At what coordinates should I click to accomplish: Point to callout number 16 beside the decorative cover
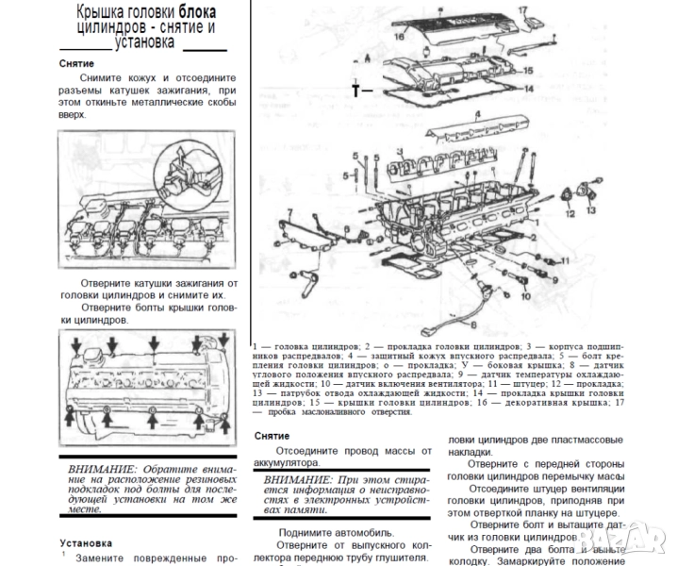click(399, 37)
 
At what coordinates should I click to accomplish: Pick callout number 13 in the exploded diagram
click(590, 211)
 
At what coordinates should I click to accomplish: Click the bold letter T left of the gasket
click(355, 91)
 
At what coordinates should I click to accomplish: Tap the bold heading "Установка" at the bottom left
click(86, 543)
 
